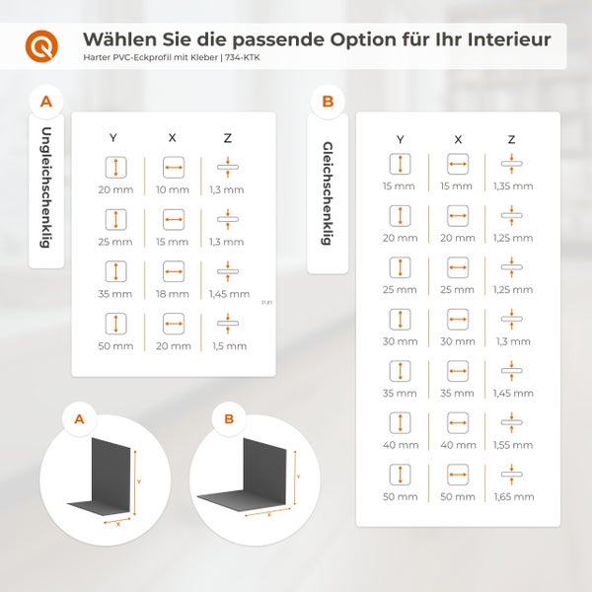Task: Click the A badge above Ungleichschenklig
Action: pos(46,101)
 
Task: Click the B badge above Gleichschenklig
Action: pos(328,101)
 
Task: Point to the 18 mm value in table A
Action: pos(173,294)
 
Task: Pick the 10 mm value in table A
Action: pos(173,187)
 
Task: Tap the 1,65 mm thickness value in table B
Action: pos(512,495)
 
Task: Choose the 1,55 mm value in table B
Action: pos(512,444)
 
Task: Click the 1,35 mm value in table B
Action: pos(512,185)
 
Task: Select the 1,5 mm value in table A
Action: pos(228,346)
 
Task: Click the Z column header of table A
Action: pos(228,138)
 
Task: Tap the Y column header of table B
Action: pos(400,139)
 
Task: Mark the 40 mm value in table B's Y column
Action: pos(400,444)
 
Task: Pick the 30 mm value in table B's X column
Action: pos(457,340)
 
